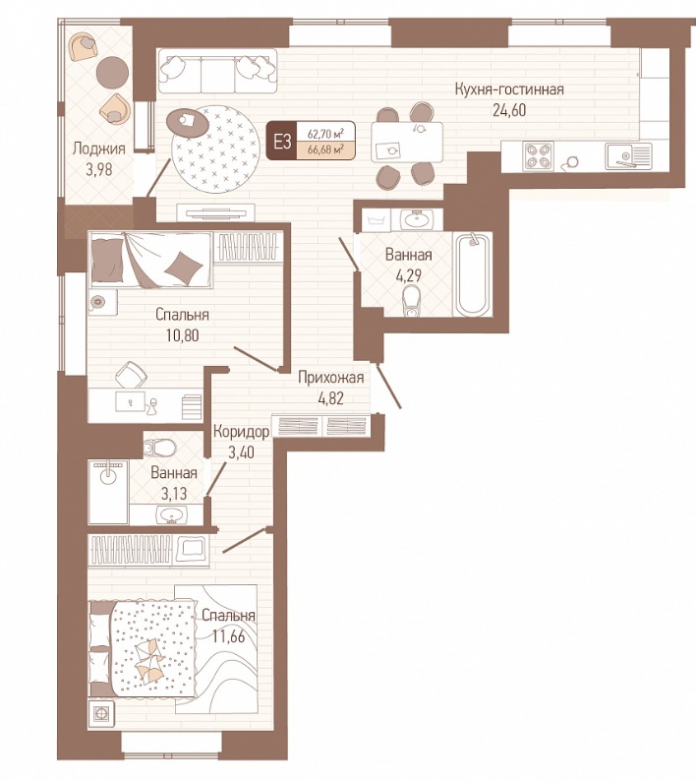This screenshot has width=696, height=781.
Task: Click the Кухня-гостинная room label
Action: pos(509,90)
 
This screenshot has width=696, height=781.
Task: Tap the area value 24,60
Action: pos(509,110)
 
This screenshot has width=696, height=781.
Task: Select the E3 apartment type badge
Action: pos(282,142)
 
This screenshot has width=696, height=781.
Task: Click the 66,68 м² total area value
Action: pos(326,150)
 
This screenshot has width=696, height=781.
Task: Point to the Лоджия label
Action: pos(98,149)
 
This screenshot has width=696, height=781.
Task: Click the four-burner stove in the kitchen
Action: pos(538,154)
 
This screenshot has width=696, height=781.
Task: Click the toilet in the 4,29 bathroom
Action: pos(411,300)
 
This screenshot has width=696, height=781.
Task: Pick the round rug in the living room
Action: pos(215,149)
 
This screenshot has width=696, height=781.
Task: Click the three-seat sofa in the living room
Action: pos(217,71)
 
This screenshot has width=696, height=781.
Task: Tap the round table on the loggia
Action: pos(112,72)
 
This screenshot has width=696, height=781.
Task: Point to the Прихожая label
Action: pos(330,378)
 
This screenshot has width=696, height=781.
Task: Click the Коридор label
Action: pos(242,432)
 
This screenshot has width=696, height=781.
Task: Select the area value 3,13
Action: pos(174,493)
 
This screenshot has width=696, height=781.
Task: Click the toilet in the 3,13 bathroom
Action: pos(159,448)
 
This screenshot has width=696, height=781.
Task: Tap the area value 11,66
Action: pos(228,636)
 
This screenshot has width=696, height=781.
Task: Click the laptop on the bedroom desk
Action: pos(130,401)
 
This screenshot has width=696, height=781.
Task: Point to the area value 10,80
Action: pos(182,335)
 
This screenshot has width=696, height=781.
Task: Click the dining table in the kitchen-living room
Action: pos(407,142)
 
